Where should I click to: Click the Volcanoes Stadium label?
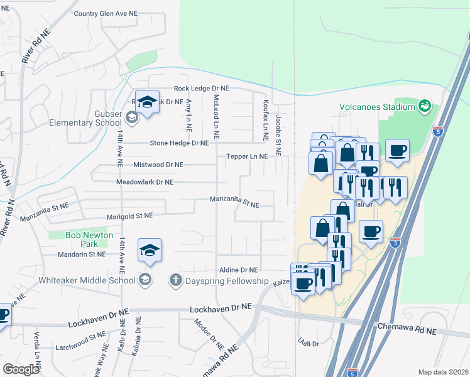(x=377, y=107)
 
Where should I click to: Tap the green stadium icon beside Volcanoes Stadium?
(x=425, y=106)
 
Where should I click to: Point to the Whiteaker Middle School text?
(x=87, y=280)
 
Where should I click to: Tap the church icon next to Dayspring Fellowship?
(x=177, y=280)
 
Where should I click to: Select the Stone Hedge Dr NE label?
(x=178, y=143)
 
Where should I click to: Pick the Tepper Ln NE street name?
(x=247, y=156)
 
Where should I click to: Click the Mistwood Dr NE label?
(x=149, y=165)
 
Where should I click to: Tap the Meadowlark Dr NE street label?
(x=145, y=182)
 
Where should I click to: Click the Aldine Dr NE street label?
(x=237, y=270)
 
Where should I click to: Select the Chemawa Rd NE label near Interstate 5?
(x=412, y=327)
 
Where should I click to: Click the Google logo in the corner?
(x=21, y=369)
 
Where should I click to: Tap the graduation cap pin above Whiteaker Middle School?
(x=150, y=252)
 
